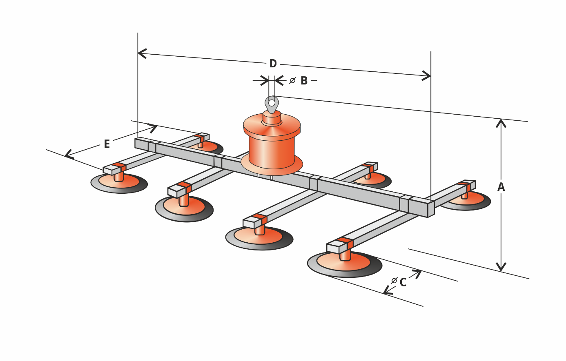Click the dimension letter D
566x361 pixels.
pos(273,64)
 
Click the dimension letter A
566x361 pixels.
pos(501,187)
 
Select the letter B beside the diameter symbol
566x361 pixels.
pos(304,81)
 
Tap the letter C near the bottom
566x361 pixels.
pos(403,282)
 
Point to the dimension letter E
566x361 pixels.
pos(107,144)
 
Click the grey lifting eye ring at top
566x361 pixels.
pos(272,104)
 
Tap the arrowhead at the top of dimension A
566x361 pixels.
pos(501,121)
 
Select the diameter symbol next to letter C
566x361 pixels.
pos(394,281)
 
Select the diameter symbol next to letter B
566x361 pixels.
pos(292,81)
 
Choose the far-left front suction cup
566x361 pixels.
pos(119,183)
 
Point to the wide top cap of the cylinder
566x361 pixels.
pos(272,125)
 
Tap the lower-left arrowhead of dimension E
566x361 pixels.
pos(68,155)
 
